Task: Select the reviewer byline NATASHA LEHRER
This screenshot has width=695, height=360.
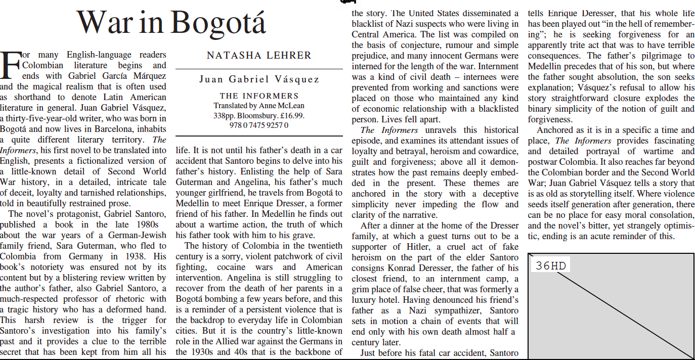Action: click(259, 56)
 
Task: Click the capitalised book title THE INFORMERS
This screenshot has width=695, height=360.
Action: click(259, 96)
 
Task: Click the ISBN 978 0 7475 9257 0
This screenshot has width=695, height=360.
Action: click(259, 125)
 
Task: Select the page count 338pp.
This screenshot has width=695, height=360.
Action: click(224, 115)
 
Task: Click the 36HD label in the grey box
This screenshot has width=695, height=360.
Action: click(551, 266)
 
